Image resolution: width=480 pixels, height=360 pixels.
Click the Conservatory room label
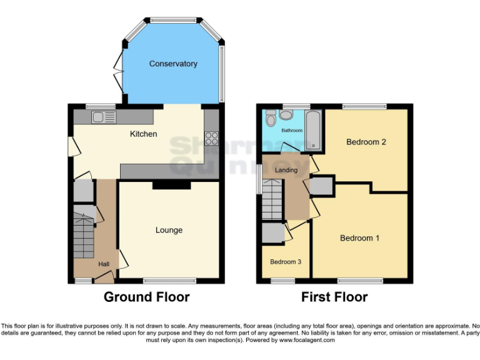pos(173,64)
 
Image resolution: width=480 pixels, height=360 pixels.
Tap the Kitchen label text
pos(143,134)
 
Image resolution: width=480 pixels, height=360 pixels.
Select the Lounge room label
pos(169,230)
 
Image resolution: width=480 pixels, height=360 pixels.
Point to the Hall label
pos(104,264)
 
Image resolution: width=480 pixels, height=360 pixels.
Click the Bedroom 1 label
pos(359,238)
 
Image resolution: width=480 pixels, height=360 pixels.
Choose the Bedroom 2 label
pos(366,142)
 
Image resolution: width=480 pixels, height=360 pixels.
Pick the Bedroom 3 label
pos(286,262)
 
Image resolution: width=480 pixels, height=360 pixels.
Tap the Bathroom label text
pos(291,131)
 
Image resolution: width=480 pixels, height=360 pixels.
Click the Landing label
pos(286,170)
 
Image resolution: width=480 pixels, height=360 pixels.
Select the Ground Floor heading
pos(146,297)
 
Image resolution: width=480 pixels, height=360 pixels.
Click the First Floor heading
pos(334,297)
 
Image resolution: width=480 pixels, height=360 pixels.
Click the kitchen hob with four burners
pos(211,137)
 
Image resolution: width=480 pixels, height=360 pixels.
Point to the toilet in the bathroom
pos(271,118)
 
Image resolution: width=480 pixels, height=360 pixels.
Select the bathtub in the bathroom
pos(313,131)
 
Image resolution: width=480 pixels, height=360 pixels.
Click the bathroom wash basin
pos(287,114)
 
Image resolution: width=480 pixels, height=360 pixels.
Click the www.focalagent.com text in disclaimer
pos(307,341)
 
